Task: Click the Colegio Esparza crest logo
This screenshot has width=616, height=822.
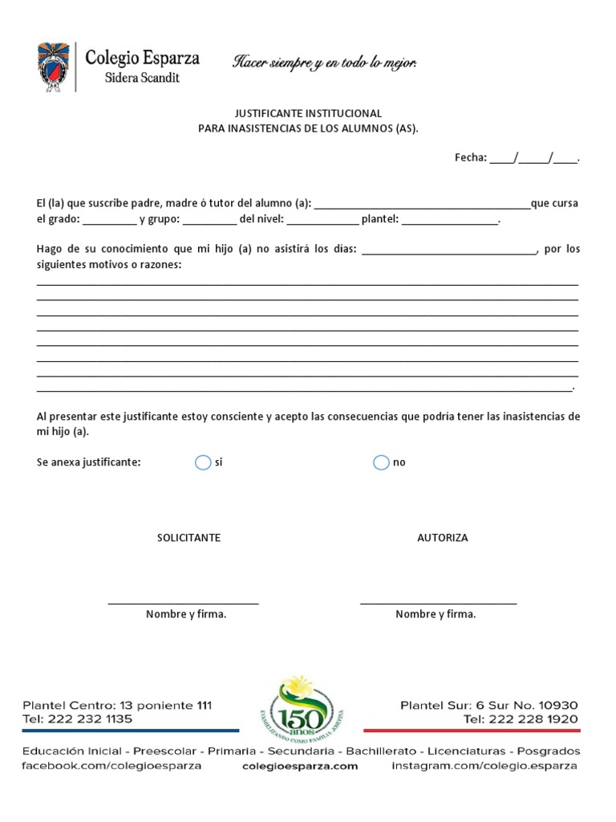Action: coord(53,67)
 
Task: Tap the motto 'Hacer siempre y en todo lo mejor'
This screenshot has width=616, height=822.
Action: coord(325,63)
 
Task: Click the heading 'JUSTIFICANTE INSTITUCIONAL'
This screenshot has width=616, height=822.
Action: coord(308,113)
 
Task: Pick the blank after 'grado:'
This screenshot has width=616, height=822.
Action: coord(109,220)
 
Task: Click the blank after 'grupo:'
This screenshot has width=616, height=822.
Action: coord(209,220)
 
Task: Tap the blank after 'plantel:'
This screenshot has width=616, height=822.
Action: coord(450,220)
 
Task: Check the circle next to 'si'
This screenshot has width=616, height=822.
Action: coord(202,462)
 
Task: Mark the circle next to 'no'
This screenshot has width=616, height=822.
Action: coord(381,462)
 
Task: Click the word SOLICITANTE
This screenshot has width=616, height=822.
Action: coord(188,538)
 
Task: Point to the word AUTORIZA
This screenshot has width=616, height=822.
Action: coord(443,538)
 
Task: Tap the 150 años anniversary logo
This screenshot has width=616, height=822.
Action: coord(301,708)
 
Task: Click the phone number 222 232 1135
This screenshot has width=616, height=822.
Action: coord(90,719)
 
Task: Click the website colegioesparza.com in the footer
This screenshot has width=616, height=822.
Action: coord(300,767)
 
